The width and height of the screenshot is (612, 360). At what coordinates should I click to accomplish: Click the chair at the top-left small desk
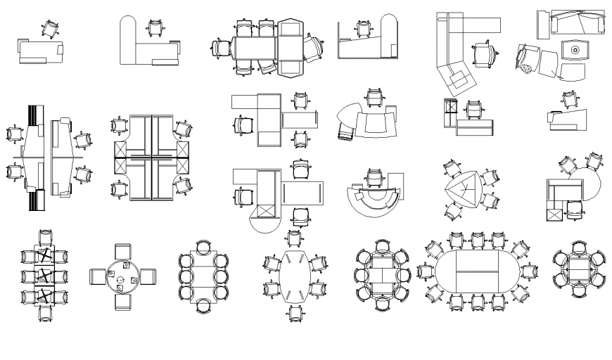pyautogui.click(x=50, y=29)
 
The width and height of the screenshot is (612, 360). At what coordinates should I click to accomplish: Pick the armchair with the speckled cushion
pyautogui.click(x=530, y=61)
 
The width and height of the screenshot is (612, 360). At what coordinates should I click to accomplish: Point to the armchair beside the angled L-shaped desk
pyautogui.click(x=483, y=53)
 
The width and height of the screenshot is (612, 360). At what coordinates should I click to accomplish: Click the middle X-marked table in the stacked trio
pyautogui.click(x=45, y=276)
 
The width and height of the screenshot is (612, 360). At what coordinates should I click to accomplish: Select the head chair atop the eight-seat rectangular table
pyautogui.click(x=203, y=247)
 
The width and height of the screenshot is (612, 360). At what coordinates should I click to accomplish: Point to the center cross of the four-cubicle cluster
pyautogui.click(x=152, y=158)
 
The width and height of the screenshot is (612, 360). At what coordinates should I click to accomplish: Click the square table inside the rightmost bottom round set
pyautogui.click(x=578, y=269)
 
